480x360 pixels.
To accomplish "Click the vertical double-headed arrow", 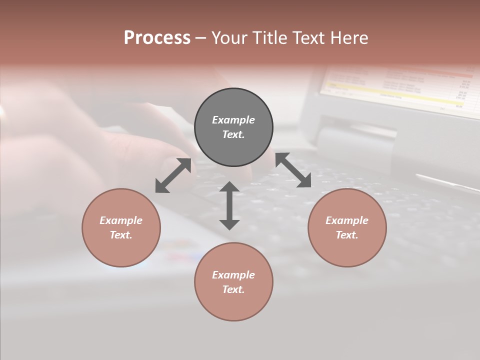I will click(x=229, y=205).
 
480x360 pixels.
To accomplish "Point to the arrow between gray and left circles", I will click(x=173, y=175).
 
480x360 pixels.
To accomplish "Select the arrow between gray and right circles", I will click(x=293, y=170).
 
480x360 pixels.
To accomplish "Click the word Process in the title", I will click(x=157, y=37).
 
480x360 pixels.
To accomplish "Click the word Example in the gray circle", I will click(x=233, y=120).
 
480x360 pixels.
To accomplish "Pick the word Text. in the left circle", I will click(x=121, y=235).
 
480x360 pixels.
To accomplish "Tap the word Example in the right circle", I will click(x=347, y=220).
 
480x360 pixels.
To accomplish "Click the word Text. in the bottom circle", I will click(x=233, y=289).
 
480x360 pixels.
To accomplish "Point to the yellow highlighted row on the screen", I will click(x=390, y=92).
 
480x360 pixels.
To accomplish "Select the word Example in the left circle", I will click(x=121, y=220).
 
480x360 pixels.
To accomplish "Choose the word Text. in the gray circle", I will click(x=233, y=134).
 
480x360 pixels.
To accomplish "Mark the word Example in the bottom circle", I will click(x=233, y=275).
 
